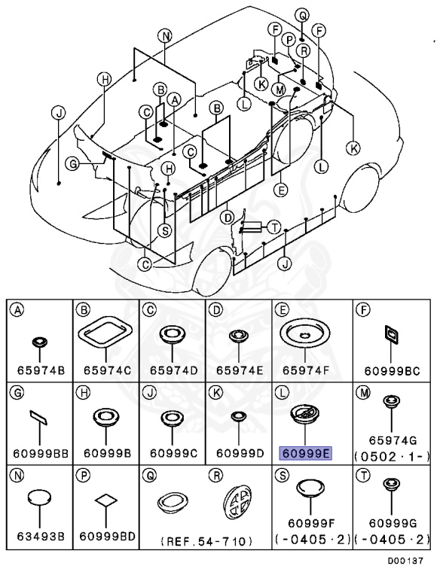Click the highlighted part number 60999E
(x=305, y=453)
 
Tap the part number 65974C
(x=106, y=370)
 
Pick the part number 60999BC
(x=392, y=371)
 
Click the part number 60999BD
(x=107, y=536)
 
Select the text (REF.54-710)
(x=206, y=541)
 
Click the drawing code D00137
(x=405, y=561)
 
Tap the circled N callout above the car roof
(x=165, y=36)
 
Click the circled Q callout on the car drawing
(x=302, y=16)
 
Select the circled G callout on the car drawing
(x=73, y=163)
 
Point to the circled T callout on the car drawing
(x=273, y=227)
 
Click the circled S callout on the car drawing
(x=165, y=231)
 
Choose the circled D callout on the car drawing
(x=228, y=218)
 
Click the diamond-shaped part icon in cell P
(x=106, y=500)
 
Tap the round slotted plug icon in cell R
(x=238, y=502)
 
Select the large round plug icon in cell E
(x=305, y=333)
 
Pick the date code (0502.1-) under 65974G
(x=392, y=457)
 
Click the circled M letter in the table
(x=363, y=393)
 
